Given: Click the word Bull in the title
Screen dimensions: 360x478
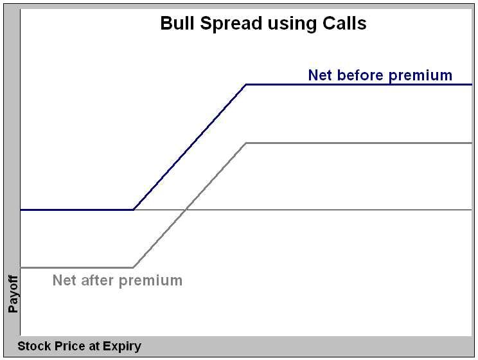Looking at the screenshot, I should [x=174, y=24].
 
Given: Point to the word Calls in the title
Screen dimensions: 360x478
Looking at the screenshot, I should [x=342, y=24].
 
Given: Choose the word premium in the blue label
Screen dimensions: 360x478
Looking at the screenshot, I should [x=421, y=76].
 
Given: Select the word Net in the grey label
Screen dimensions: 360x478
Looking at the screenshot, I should [x=66, y=280].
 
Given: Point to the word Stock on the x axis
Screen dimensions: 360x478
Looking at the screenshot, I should [x=33, y=346].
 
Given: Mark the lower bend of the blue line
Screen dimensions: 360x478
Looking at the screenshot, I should [x=133, y=210].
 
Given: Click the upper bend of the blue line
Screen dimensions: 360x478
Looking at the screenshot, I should [x=247, y=84].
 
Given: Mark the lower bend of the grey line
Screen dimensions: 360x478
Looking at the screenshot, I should [x=133, y=267].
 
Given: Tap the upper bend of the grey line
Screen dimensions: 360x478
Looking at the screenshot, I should [x=247, y=143].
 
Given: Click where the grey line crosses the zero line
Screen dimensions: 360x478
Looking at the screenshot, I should [x=186, y=210].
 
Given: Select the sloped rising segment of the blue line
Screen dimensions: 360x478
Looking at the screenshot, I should [x=190, y=147].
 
